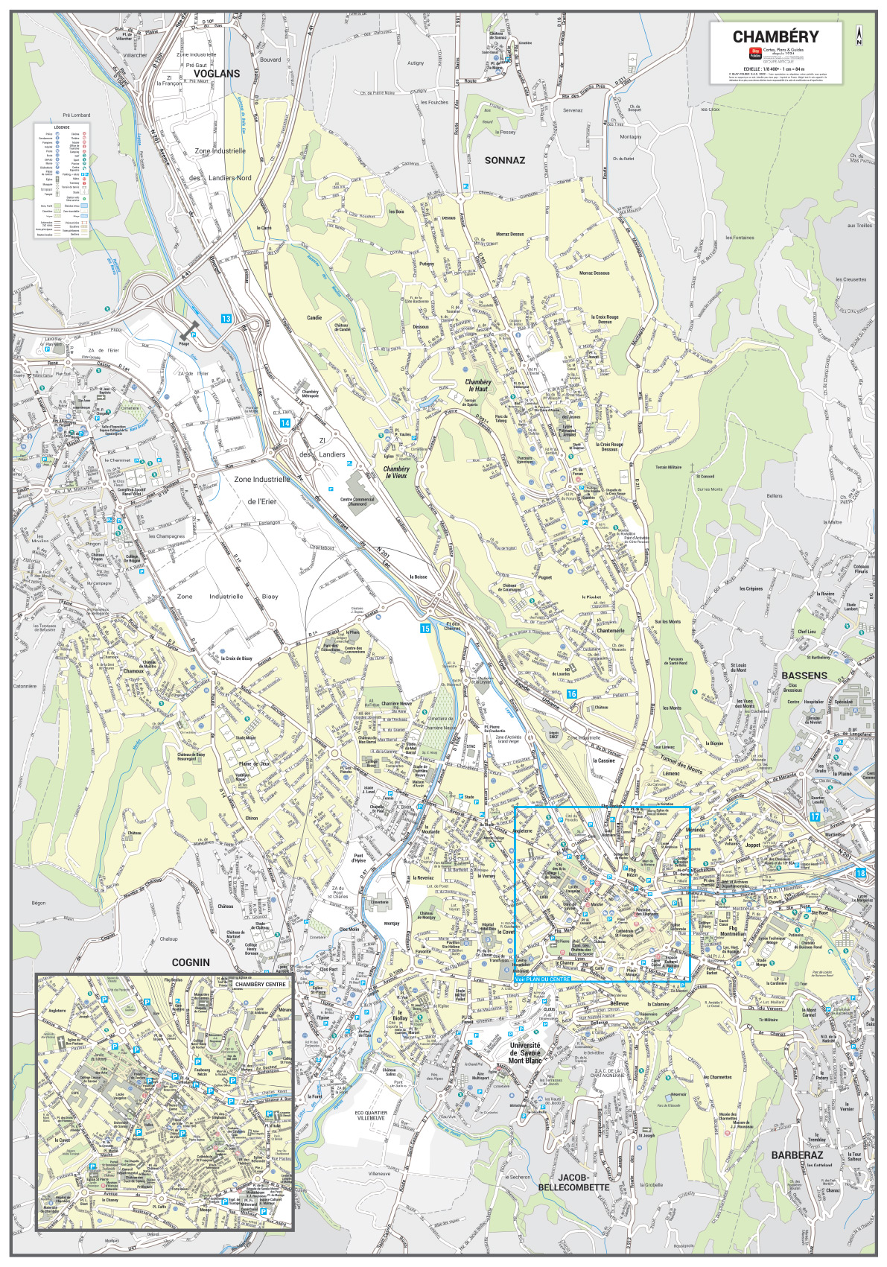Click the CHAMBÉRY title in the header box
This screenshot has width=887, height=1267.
point(775,37)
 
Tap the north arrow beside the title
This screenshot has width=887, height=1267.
point(859,36)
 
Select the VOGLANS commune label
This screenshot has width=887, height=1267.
point(217,74)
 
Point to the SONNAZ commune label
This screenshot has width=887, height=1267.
point(505,160)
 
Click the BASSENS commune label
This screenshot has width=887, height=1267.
point(804,675)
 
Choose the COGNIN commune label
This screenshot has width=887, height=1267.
point(191,962)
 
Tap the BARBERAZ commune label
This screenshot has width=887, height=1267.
point(797,1155)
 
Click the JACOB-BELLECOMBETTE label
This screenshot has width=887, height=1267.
point(573,1182)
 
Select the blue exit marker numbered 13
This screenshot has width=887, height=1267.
point(226,318)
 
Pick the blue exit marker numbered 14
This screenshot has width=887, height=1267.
point(284,422)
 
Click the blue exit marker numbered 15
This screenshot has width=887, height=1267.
point(425,629)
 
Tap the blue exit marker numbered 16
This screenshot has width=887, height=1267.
point(571,693)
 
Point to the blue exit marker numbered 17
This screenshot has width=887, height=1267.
point(815,817)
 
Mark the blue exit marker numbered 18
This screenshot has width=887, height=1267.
point(861,873)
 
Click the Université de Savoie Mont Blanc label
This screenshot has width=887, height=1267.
point(525,1052)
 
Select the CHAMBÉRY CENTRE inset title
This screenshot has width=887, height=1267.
point(261,984)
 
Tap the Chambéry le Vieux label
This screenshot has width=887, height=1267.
point(396,472)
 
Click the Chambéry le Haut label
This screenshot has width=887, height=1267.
point(478,385)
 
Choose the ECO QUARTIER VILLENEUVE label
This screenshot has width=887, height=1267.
point(370,1116)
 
